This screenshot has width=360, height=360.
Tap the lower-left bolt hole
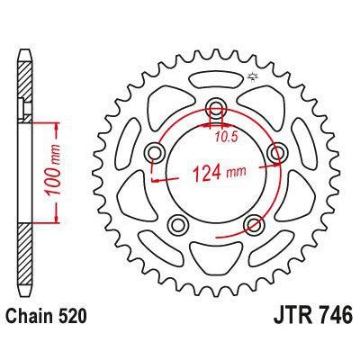[177, 223]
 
